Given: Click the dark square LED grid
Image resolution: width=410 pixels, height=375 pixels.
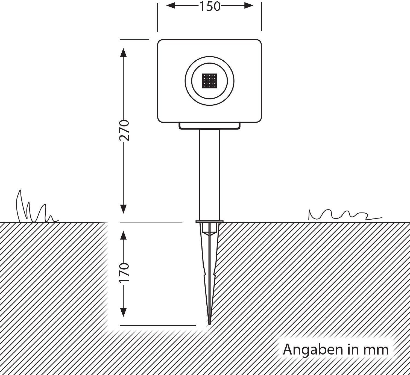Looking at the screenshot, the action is coord(209,81).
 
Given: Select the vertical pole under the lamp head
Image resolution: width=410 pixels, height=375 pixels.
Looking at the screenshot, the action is coord(209,175).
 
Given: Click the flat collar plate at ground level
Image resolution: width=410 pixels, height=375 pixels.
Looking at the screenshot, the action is coord(209,222).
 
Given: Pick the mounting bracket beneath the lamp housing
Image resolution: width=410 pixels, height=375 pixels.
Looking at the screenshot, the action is coord(209,126).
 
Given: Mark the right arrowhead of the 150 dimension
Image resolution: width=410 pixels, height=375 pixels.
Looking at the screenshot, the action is coord(249,5).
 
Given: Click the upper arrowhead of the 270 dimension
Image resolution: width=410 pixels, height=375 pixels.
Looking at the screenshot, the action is coord(124,52).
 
